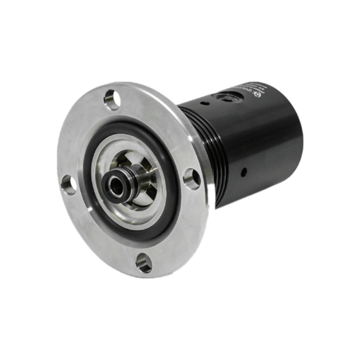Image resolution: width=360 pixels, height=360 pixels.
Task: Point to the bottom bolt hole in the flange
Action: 144,263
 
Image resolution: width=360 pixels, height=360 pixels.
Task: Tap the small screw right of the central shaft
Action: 153,177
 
